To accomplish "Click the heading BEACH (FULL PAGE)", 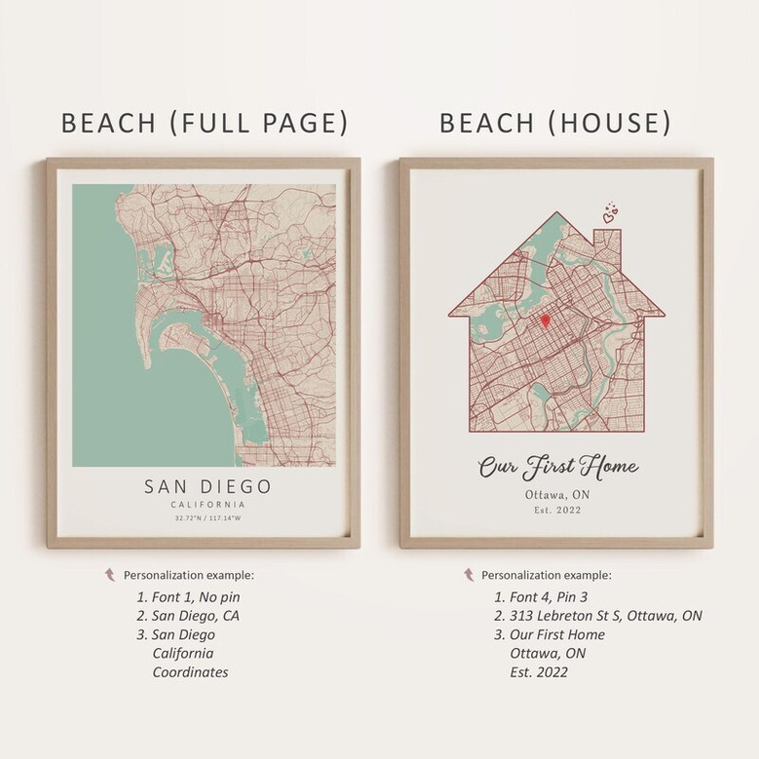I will click(x=205, y=123).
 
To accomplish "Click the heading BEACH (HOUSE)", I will click(x=554, y=123).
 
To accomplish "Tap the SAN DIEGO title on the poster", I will click(x=208, y=485).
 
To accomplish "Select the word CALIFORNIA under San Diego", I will click(x=208, y=505).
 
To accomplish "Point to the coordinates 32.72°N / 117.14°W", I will click(x=208, y=518).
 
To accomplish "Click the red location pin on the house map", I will click(x=546, y=320).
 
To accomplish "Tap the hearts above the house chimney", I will click(x=610, y=213).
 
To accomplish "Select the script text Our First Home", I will click(x=556, y=468).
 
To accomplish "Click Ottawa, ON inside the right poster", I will click(x=556, y=495).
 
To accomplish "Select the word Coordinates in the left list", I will click(x=190, y=672).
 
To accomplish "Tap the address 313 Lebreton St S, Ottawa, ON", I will click(x=597, y=616).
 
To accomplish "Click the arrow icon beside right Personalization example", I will click(x=468, y=575).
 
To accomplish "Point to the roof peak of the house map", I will click(x=556, y=210).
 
